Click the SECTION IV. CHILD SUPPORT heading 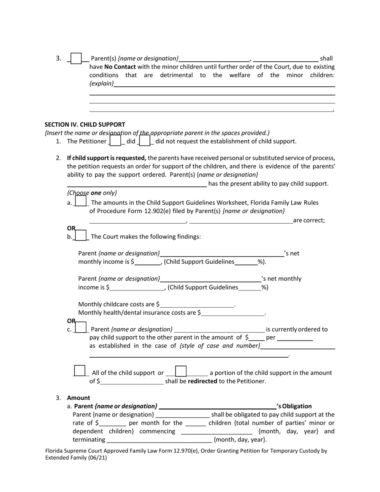tap(85, 124)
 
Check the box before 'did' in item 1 tap(115, 141)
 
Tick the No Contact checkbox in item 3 tap(76, 58)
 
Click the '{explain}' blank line tap(224, 84)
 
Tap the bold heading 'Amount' tap(78, 398)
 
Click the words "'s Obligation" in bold tap(294, 406)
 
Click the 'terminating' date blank tap(159, 440)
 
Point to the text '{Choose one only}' tap(92, 192)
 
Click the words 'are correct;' tap(309, 220)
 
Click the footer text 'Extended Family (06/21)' tap(76, 458)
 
